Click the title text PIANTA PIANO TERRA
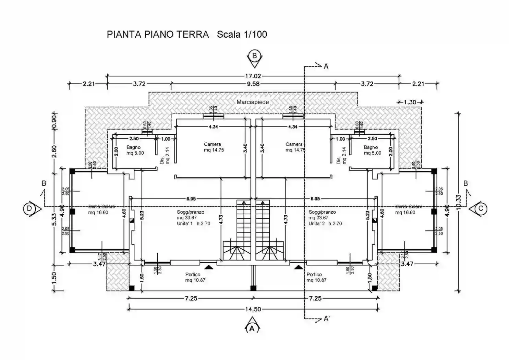click(x=158, y=35)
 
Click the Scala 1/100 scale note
click(x=242, y=35)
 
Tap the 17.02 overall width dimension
click(x=253, y=76)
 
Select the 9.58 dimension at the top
click(x=253, y=84)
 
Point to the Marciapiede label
click(x=253, y=102)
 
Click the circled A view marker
click(x=252, y=328)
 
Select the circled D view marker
click(x=30, y=208)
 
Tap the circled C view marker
click(x=481, y=208)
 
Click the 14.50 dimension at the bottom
click(x=253, y=309)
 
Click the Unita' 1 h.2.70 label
click(x=193, y=224)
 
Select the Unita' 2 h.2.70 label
click(x=325, y=224)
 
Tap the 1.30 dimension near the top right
click(x=410, y=102)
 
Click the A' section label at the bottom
click(x=326, y=319)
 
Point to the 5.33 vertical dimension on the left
click(x=54, y=221)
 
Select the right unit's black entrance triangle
click(x=298, y=266)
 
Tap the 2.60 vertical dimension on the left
click(x=54, y=152)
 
